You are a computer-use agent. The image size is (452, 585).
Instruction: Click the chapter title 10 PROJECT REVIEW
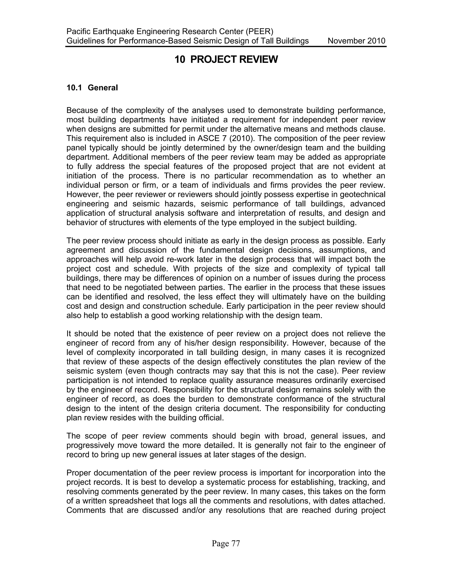click(x=226, y=59)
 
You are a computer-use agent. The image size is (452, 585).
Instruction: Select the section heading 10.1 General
click(x=92, y=88)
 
